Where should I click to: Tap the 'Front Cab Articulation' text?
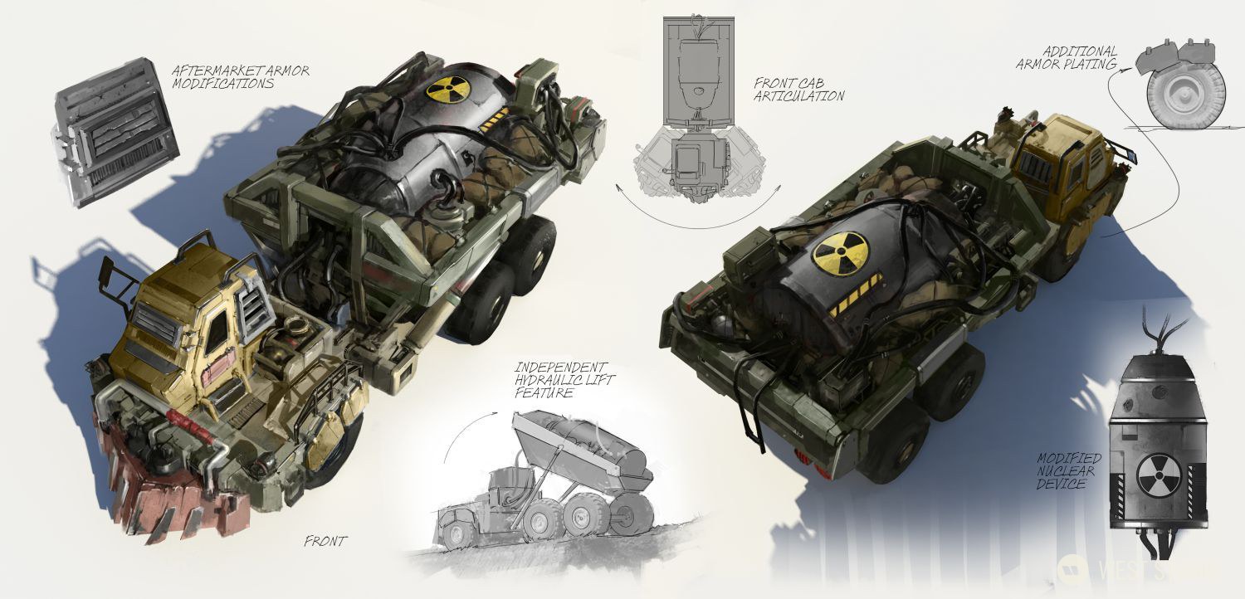tap(798, 90)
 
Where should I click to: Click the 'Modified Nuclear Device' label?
tap(1068, 470)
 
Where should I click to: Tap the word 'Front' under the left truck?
tap(325, 542)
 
